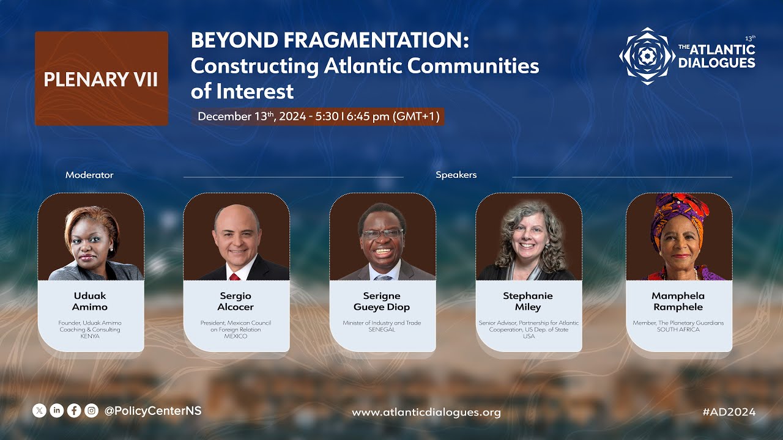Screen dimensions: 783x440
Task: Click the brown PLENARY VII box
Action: click(x=102, y=79)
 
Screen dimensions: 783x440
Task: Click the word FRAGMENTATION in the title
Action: click(x=376, y=40)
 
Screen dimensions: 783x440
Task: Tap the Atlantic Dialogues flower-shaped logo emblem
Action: click(x=647, y=56)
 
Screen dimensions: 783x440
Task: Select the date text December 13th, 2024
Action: click(x=251, y=116)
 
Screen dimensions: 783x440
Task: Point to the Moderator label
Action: click(x=89, y=175)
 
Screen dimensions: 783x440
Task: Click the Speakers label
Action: click(x=456, y=175)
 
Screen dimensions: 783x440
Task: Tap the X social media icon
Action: click(x=40, y=411)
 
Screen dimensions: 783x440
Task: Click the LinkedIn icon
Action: click(x=57, y=411)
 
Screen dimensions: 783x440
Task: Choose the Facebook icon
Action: click(x=74, y=411)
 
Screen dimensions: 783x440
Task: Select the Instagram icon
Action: click(x=92, y=411)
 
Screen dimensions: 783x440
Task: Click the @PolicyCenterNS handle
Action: click(x=153, y=411)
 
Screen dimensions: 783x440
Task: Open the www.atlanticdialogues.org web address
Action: click(x=426, y=413)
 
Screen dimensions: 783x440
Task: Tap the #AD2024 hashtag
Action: click(x=729, y=412)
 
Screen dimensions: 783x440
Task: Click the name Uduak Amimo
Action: click(x=90, y=301)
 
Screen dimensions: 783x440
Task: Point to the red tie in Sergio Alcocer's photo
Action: click(x=234, y=277)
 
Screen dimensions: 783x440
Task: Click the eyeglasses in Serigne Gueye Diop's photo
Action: click(x=383, y=234)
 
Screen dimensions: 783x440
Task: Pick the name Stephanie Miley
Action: click(x=528, y=301)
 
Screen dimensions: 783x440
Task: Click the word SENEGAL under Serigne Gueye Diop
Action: click(x=382, y=329)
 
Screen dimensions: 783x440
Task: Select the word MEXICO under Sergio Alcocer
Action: click(x=236, y=336)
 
